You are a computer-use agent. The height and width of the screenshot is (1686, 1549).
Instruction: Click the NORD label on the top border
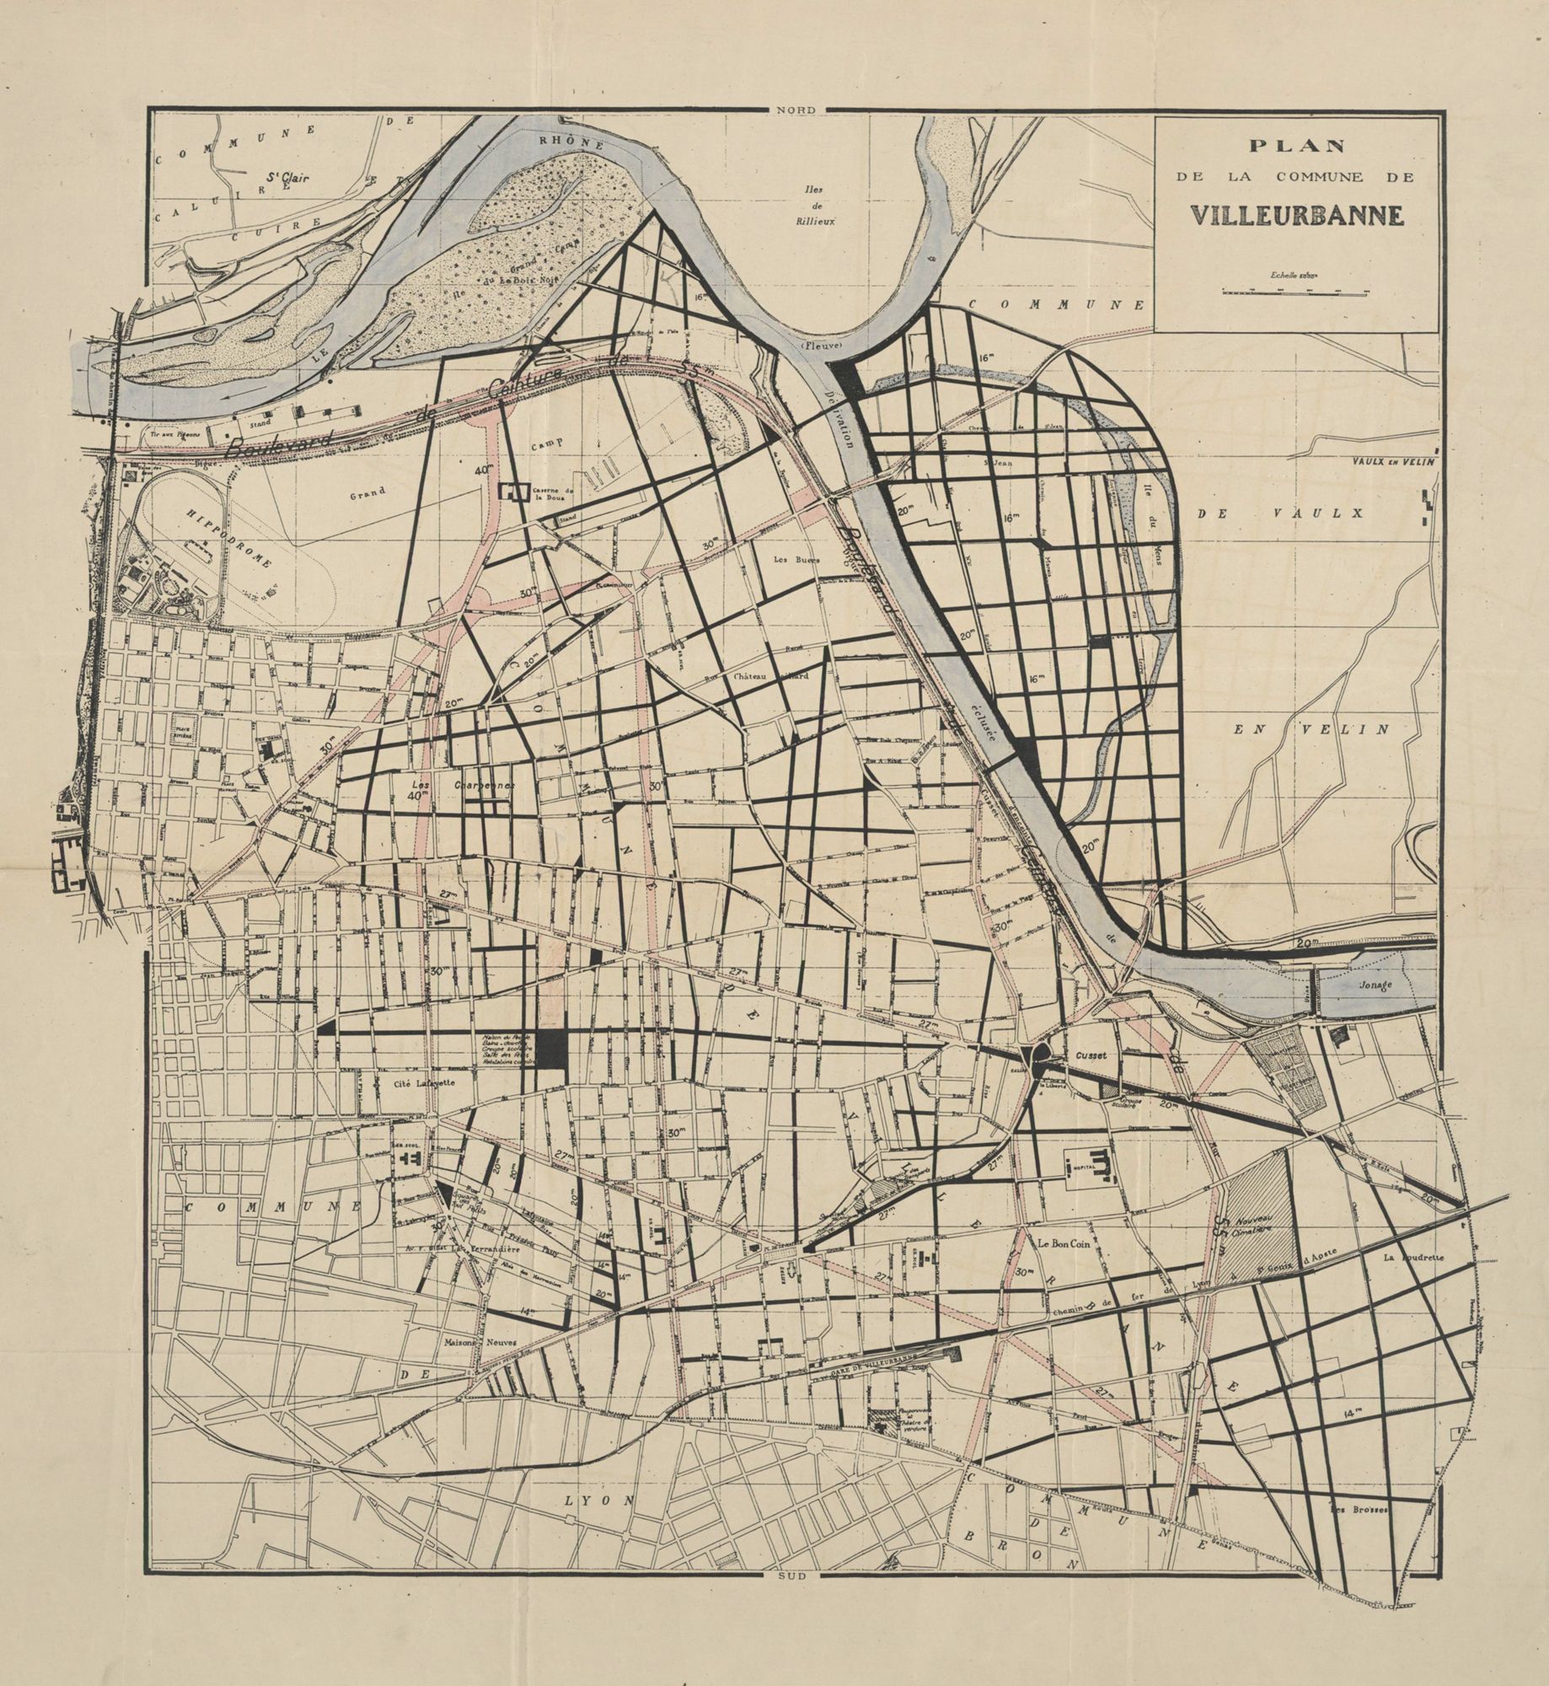tap(796, 110)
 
